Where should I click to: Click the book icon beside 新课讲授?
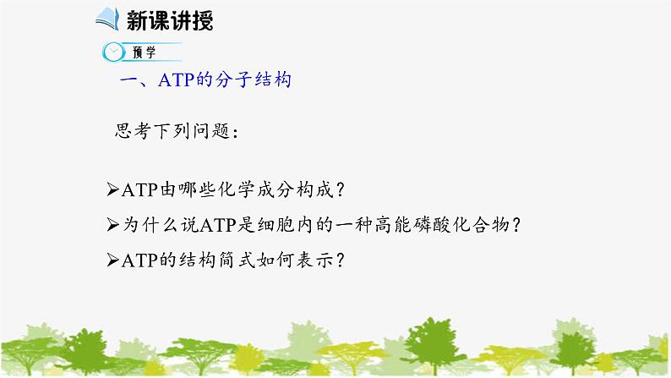(x=107, y=19)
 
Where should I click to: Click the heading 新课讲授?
(x=170, y=20)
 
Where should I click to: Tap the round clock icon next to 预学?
(x=113, y=52)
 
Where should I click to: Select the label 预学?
(x=145, y=52)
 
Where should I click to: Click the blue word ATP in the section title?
(x=177, y=80)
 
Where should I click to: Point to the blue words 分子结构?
(x=254, y=80)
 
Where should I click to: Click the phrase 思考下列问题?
(x=172, y=131)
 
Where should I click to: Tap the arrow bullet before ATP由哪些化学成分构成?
(x=113, y=189)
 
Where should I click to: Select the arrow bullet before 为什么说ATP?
(x=113, y=224)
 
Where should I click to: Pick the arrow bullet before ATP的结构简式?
(x=113, y=260)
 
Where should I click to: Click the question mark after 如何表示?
(x=341, y=260)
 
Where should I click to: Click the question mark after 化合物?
(x=516, y=225)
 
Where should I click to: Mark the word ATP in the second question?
(x=218, y=225)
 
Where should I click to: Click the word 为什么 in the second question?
(x=150, y=225)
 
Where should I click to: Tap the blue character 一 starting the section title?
(x=128, y=80)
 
